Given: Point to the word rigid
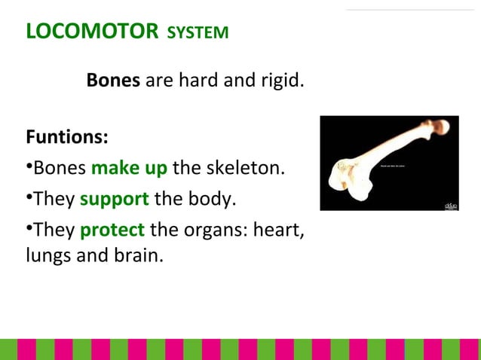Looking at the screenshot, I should click(x=282, y=80).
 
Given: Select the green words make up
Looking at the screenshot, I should click(x=129, y=167).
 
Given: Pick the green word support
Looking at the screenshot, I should click(x=114, y=200).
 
